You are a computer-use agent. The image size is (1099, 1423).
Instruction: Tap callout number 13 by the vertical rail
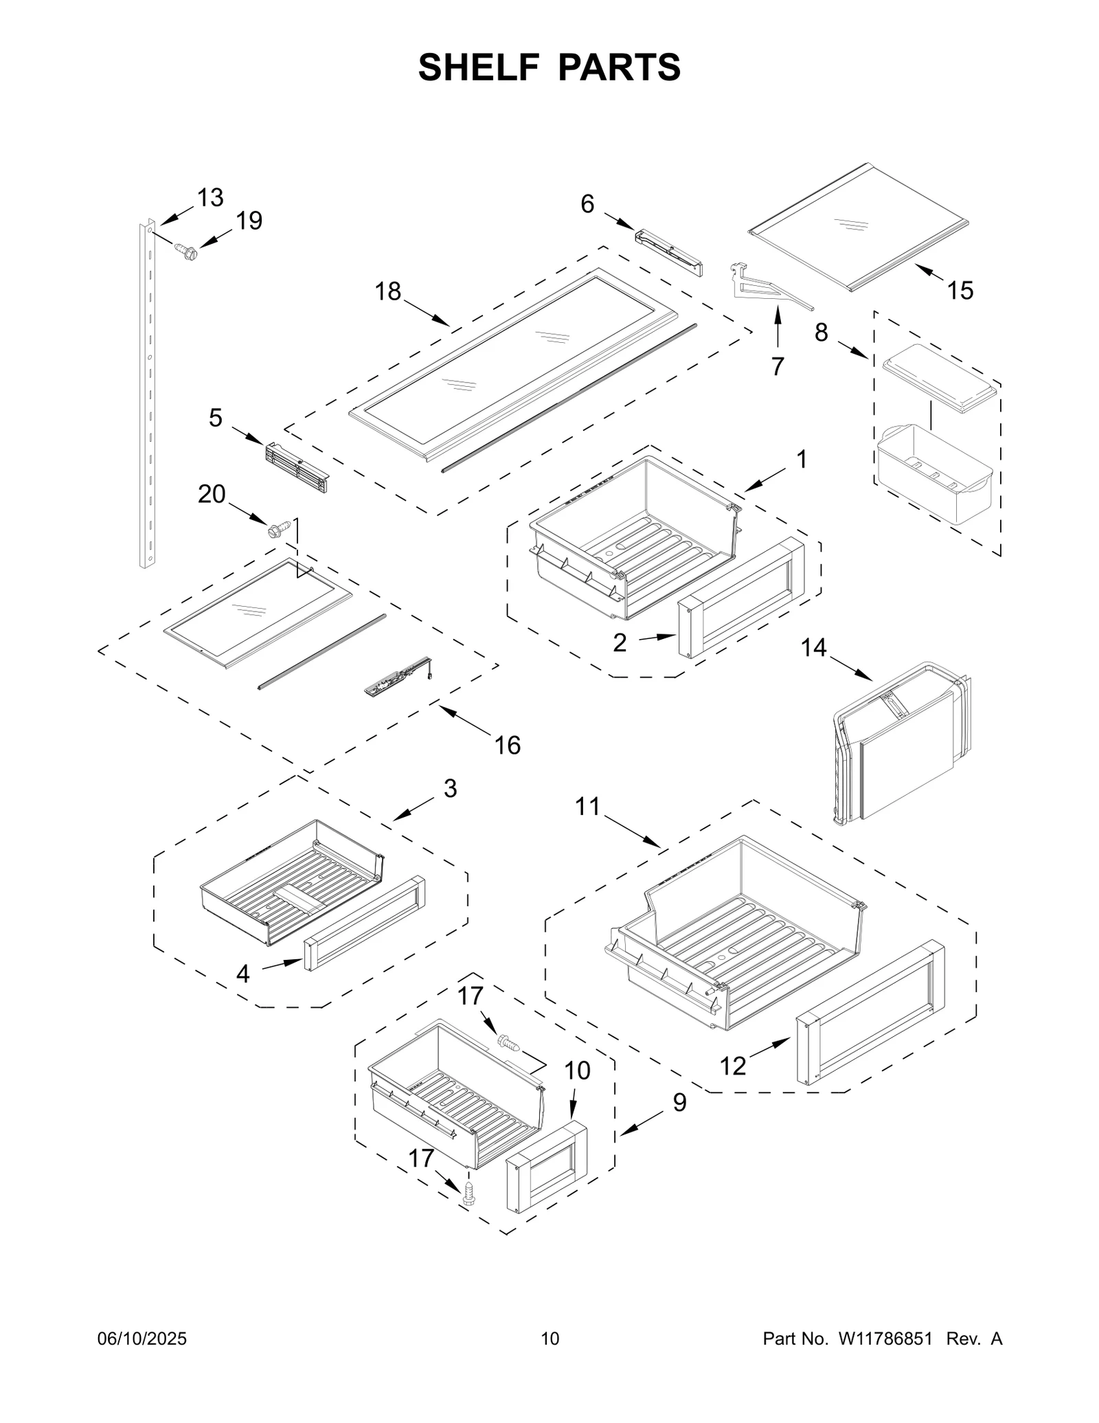pos(210,198)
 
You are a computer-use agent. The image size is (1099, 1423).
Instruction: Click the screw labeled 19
pos(185,251)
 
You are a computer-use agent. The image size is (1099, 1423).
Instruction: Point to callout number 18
pos(387,291)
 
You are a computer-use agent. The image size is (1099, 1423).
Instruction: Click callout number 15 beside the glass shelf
pos(960,291)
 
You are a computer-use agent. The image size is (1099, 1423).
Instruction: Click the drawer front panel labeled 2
pos(740,596)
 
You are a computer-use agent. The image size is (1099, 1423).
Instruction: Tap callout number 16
pos(508,745)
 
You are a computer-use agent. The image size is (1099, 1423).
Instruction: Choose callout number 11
pos(587,806)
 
